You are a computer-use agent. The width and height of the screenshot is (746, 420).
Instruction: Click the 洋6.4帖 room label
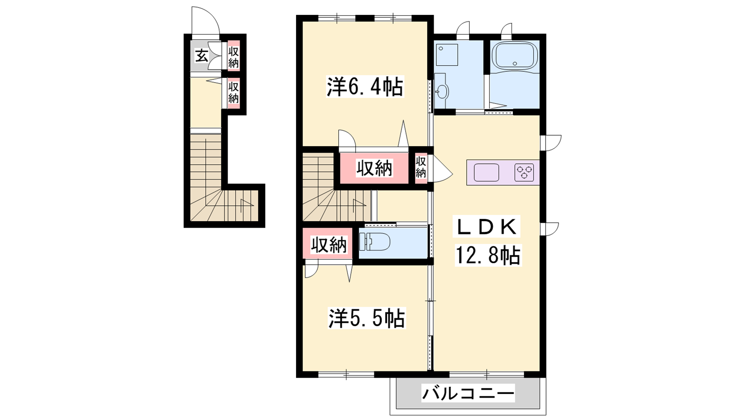(365, 87)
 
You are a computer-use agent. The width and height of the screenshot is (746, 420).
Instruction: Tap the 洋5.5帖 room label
(366, 318)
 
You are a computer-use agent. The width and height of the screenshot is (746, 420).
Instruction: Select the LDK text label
(487, 227)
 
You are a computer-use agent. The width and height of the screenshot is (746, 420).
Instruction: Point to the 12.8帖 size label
(488, 255)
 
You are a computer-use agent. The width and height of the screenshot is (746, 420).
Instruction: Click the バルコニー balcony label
(468, 393)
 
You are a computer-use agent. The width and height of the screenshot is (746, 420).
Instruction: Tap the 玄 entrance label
(201, 56)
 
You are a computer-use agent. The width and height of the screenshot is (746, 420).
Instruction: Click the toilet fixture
(374, 241)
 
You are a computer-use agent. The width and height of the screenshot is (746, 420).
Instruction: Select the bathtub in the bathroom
(515, 56)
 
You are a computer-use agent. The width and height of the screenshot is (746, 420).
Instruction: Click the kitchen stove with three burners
(524, 172)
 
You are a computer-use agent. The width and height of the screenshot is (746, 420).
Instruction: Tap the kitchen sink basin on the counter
(486, 172)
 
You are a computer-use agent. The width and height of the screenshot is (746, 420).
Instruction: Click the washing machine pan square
(447, 55)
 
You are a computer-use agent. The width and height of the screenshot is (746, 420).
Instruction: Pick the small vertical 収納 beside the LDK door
(421, 168)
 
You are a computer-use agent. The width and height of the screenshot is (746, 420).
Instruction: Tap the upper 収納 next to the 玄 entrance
(233, 56)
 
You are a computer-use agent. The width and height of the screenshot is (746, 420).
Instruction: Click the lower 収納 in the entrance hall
(233, 93)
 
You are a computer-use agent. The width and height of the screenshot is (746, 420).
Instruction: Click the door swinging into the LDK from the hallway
(440, 168)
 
